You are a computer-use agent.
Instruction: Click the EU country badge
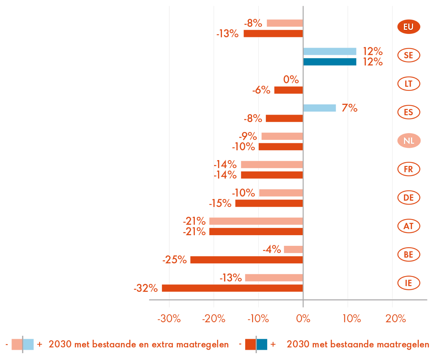[408, 27]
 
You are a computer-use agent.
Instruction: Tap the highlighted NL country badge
[408, 141]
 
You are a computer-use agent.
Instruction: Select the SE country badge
[408, 55]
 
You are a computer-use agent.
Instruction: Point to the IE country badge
[408, 283]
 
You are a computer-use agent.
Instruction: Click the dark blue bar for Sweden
[330, 62]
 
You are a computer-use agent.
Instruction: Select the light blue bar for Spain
[320, 108]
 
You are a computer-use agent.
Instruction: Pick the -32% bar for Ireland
[232, 288]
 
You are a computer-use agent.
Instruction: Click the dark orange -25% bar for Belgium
[246, 260]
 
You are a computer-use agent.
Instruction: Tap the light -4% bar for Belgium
[293, 250]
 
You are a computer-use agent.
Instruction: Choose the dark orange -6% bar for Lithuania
[288, 90]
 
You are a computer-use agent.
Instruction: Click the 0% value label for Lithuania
[291, 80]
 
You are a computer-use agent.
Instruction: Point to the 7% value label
[349, 108]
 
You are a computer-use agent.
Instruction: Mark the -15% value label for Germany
[220, 203]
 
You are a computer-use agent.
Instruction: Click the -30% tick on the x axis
[169, 319]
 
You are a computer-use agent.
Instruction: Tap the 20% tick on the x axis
[395, 319]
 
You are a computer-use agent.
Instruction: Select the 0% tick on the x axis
[303, 319]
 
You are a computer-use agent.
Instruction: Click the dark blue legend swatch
[262, 345]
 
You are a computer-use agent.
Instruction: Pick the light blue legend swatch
[29, 345]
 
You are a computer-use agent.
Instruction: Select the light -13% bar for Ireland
[274, 278]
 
